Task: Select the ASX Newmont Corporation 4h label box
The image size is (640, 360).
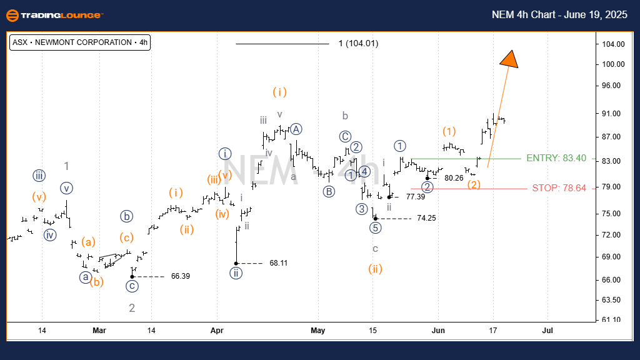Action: pos(80,42)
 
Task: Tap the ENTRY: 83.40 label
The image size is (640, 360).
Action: pos(556,158)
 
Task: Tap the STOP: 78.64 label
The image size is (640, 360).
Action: pos(559,187)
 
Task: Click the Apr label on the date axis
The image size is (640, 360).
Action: pos(217,329)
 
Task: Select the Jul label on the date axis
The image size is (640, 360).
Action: pos(547,329)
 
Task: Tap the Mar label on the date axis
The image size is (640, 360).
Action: pos(99,329)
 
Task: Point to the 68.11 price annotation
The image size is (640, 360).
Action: pos(278,263)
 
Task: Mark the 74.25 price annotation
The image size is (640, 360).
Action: pos(427,218)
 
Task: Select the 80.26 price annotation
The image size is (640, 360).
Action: pos(453,178)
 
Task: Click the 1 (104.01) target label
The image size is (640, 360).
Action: pos(358,44)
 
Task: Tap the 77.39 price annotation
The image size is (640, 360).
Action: pos(415,196)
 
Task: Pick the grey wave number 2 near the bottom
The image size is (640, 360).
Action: pos(132,307)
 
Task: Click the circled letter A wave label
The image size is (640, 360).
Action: pos(296,129)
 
